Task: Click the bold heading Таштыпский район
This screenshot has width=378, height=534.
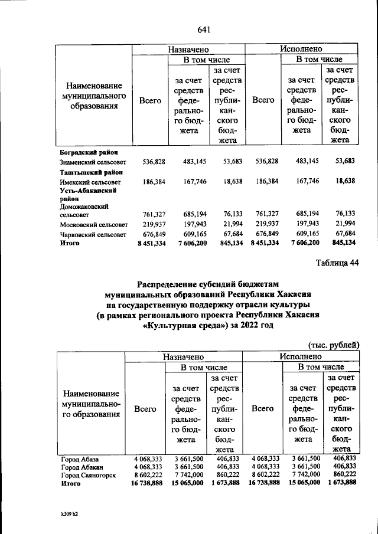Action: [x=87, y=172]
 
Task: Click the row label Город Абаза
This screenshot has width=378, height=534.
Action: [x=80, y=458]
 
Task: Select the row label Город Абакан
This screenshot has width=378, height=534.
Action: [x=82, y=466]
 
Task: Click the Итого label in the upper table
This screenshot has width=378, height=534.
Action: [x=70, y=243]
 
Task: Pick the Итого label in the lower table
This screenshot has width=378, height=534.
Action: [x=70, y=483]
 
